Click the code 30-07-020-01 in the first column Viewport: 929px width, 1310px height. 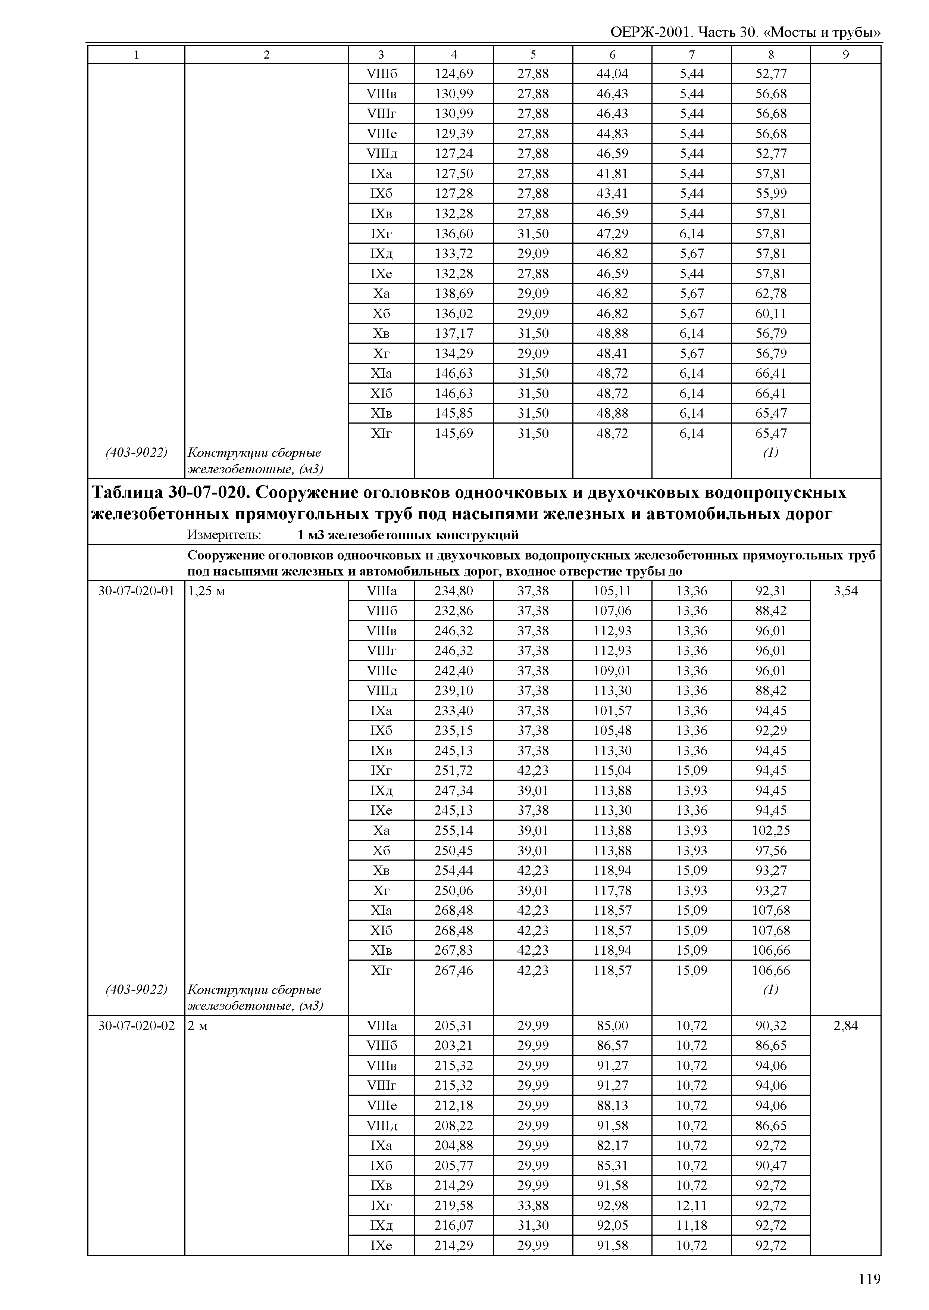pyautogui.click(x=136, y=590)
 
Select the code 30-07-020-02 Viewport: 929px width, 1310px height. pyautogui.click(x=136, y=1026)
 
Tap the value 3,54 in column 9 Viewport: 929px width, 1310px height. pyautogui.click(x=845, y=590)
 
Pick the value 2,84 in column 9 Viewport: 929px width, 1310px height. pyautogui.click(x=845, y=1026)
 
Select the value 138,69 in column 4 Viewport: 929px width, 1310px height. pyautogui.click(x=454, y=294)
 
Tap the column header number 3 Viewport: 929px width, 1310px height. pyautogui.click(x=381, y=55)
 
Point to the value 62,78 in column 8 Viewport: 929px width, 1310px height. pyautogui.click(x=770, y=294)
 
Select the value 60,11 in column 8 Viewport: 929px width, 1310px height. pyautogui.click(x=770, y=314)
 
